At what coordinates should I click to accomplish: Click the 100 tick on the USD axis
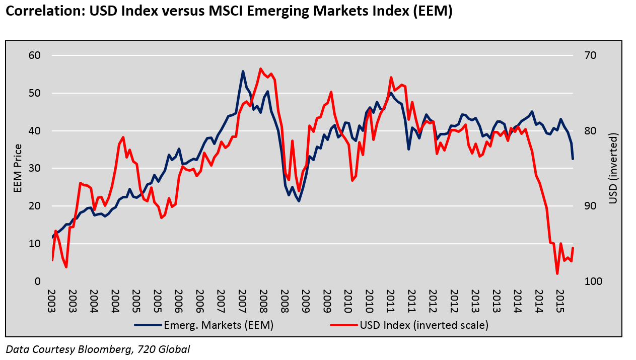(592, 281)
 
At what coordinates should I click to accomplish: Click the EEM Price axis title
(18, 168)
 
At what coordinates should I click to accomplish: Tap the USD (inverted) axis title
(613, 168)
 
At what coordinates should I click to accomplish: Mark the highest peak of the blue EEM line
(243, 71)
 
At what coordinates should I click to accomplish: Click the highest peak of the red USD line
(260, 68)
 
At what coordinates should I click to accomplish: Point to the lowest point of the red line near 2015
(557, 273)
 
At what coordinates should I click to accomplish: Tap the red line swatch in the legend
(344, 325)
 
